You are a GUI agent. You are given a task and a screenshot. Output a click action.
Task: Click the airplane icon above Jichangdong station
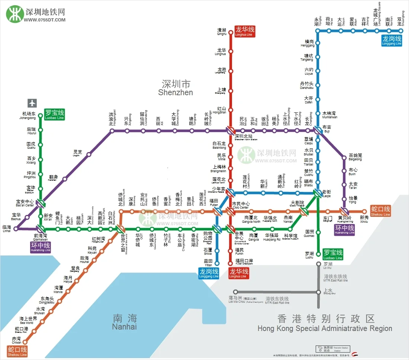(x=32, y=103)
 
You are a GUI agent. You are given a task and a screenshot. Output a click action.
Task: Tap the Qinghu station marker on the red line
(x=231, y=33)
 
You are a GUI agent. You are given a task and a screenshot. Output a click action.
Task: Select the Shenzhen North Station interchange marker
(x=230, y=131)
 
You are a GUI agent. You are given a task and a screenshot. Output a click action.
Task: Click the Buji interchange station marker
(x=318, y=131)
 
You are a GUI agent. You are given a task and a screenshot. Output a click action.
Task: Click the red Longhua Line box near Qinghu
(x=245, y=31)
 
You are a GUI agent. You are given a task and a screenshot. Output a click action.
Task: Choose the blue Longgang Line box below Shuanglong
(x=392, y=40)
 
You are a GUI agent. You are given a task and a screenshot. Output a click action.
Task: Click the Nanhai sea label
(x=125, y=322)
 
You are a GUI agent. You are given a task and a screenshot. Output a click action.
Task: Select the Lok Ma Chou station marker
(x=235, y=292)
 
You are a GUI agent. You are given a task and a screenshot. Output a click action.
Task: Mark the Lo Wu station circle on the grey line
(x=318, y=264)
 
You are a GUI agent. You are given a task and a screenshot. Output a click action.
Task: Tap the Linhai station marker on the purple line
(x=16, y=229)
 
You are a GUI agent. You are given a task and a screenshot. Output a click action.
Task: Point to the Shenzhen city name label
(x=176, y=87)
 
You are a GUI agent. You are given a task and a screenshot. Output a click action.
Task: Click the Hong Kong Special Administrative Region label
(x=325, y=324)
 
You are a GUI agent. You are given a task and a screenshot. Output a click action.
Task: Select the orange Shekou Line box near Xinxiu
(x=380, y=211)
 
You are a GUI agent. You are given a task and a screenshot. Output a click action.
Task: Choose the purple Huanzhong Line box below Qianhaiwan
(x=41, y=247)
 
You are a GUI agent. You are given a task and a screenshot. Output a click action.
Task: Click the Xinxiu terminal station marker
(x=364, y=212)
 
